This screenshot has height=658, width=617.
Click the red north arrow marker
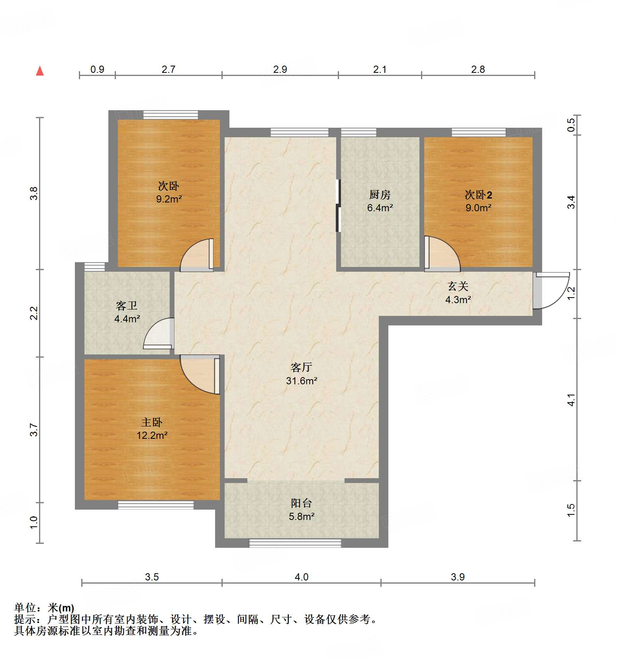[40, 71]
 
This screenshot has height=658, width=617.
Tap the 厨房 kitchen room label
[380, 195]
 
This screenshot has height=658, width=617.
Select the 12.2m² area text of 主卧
[152, 435]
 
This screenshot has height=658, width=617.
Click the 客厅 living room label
[301, 367]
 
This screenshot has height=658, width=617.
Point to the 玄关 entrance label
[458, 286]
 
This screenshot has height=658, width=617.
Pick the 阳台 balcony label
[301, 503]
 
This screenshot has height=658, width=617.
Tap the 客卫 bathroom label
[127, 306]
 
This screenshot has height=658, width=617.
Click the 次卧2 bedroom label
[478, 195]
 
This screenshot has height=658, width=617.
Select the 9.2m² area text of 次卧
[168, 199]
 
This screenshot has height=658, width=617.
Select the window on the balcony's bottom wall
[295, 543]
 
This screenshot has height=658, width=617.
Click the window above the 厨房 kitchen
[358, 132]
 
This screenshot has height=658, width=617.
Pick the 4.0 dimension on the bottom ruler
[302, 577]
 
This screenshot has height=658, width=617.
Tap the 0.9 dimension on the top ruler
[97, 70]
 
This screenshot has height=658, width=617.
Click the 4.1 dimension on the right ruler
[571, 399]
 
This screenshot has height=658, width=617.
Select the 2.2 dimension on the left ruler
[35, 313]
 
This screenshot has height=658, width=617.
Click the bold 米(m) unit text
[61, 608]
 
